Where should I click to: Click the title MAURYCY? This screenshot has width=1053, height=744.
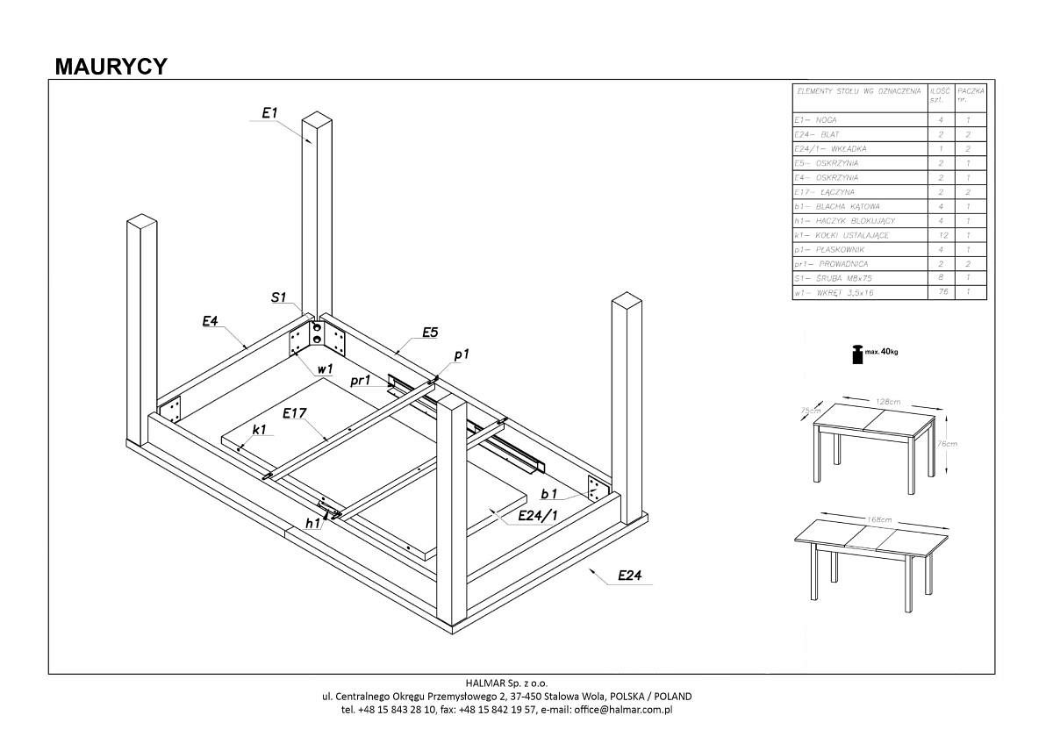(111, 67)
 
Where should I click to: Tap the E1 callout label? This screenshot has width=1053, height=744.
(270, 112)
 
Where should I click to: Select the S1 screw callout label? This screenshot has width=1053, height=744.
(280, 298)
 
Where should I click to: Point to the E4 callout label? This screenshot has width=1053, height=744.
(210, 322)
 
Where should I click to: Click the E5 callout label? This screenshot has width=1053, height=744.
(430, 332)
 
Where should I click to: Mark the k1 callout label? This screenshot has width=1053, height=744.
(259, 430)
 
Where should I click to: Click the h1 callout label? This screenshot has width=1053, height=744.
(312, 524)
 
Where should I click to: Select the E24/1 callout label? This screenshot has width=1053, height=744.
(536, 517)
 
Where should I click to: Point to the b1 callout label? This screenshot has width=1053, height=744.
(551, 494)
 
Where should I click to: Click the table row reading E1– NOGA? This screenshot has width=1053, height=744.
(816, 120)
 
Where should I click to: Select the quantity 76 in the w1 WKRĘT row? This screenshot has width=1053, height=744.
(940, 292)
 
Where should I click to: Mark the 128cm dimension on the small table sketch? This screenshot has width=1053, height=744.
(889, 401)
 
